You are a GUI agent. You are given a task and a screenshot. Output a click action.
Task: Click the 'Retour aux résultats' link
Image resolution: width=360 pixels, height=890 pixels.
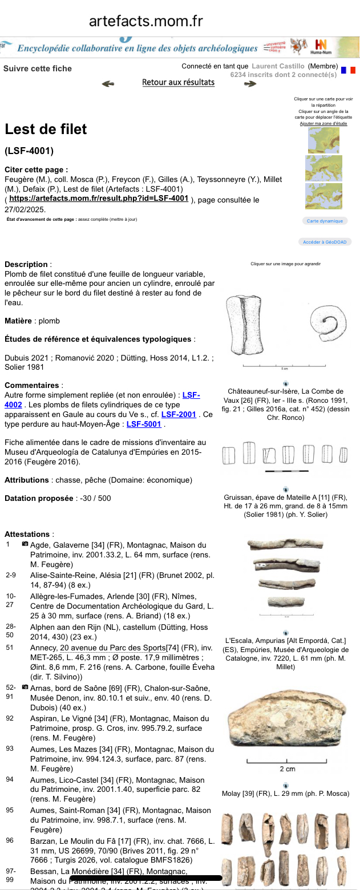pyautogui.click(x=178, y=82)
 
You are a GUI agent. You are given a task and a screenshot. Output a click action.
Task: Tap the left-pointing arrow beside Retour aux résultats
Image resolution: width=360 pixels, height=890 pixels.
pyautogui.click(x=108, y=84)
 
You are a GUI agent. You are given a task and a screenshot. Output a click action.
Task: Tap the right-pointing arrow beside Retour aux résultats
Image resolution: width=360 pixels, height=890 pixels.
pyautogui.click(x=250, y=84)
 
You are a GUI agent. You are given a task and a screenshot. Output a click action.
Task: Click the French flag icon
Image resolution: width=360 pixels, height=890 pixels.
pyautogui.click(x=347, y=70)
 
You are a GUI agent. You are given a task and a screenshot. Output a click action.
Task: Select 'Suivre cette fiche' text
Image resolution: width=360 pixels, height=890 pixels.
pyautogui.click(x=38, y=68)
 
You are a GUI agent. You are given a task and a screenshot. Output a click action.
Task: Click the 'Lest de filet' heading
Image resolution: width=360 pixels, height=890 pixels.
pyautogui.click(x=46, y=129)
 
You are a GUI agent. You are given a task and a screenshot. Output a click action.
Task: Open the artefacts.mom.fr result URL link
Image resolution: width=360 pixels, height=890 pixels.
pyautogui.click(x=99, y=199)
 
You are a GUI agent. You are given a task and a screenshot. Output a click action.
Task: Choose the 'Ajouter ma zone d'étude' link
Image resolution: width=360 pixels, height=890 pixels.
pyautogui.click(x=323, y=123)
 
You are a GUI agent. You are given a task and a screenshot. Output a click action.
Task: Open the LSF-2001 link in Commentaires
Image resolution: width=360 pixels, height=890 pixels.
pyautogui.click(x=179, y=414)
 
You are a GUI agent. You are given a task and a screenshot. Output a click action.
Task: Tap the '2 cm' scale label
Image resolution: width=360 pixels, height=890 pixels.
pyautogui.click(x=287, y=768)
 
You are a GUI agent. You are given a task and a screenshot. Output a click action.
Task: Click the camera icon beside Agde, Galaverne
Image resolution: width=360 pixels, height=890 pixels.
pyautogui.click(x=25, y=544)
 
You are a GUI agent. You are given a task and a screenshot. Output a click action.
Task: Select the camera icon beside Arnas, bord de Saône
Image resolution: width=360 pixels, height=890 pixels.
pyautogui.click(x=25, y=687)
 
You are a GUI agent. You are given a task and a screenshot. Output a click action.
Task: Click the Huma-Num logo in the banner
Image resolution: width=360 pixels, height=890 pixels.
pyautogui.click(x=321, y=46)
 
